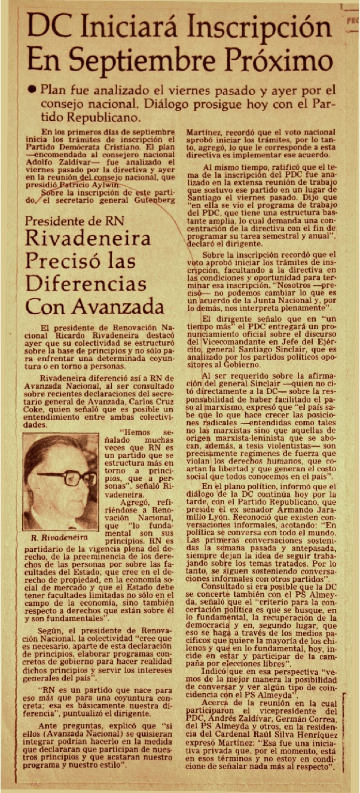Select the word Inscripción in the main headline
267,28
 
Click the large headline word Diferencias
86,284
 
